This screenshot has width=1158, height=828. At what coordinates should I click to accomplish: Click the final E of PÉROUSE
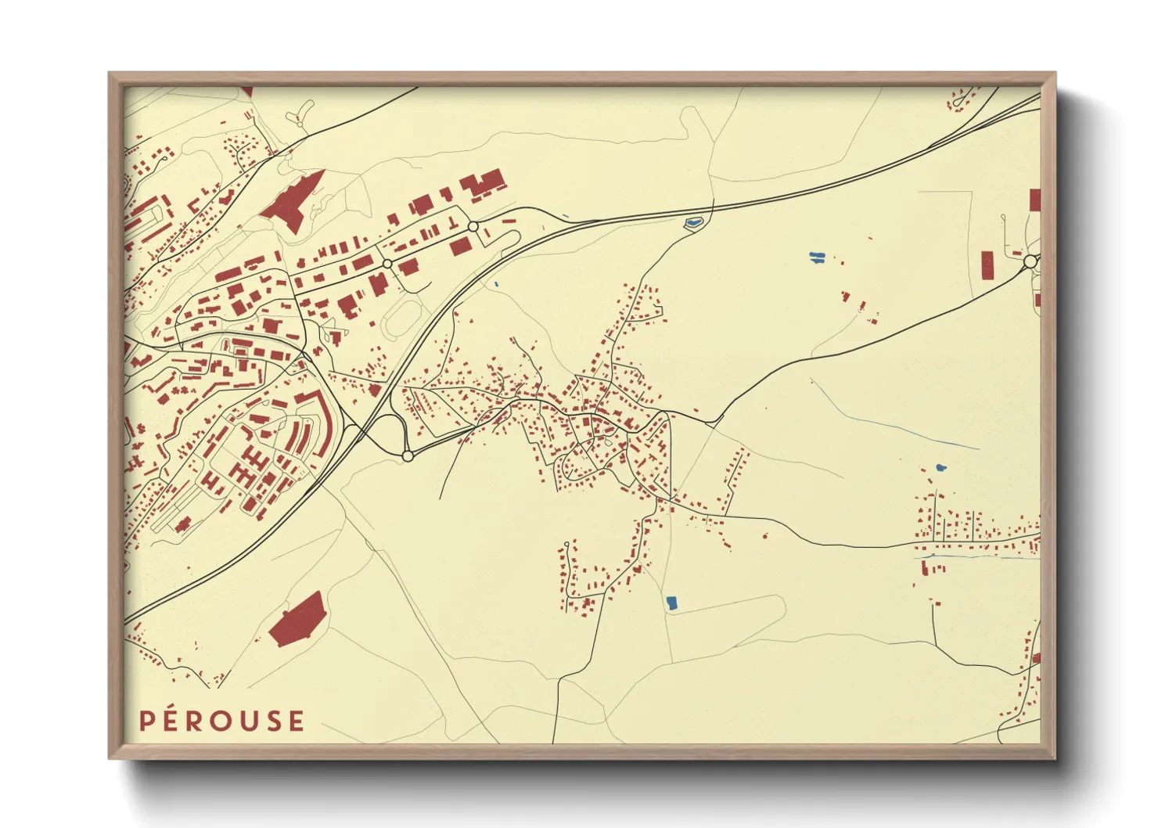click(296, 721)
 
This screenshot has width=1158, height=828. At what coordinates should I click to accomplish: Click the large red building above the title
click(297, 620)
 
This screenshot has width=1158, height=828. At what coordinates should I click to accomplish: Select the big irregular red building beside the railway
click(293, 200)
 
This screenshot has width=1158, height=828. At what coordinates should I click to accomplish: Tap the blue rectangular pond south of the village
click(671, 603)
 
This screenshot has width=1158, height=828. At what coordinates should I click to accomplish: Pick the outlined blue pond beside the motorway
click(693, 223)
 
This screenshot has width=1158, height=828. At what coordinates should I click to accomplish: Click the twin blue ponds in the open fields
click(816, 257)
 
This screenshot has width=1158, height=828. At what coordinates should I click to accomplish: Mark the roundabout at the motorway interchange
click(407, 455)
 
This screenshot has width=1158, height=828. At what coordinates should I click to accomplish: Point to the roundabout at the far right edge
click(1030, 261)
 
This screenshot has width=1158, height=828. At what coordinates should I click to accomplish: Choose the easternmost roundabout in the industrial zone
click(473, 226)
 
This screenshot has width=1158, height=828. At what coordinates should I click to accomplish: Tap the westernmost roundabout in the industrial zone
click(387, 264)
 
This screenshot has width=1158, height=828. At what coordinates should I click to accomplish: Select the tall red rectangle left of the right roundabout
click(987, 265)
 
